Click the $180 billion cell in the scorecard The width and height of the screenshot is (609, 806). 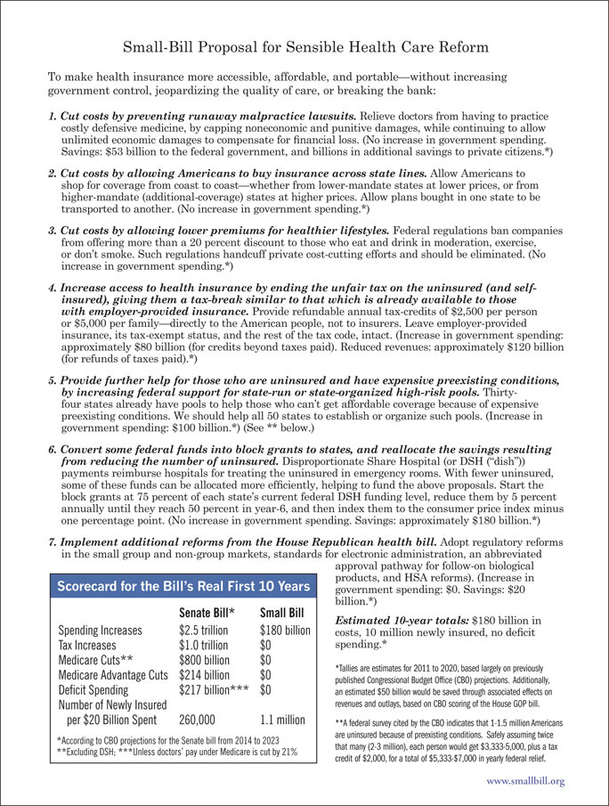285,631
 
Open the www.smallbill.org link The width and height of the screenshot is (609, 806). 526,781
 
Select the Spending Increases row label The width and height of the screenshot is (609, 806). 105,631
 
